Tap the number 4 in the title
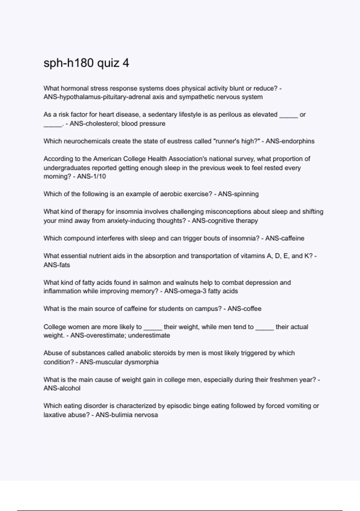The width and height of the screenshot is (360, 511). click(126, 63)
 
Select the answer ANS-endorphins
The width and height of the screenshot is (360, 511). click(290, 141)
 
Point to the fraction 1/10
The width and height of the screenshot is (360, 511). click(99, 176)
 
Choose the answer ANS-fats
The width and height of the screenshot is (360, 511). click(57, 265)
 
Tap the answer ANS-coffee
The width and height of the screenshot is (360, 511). click(244, 309)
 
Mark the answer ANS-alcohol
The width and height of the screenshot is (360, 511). click(62, 388)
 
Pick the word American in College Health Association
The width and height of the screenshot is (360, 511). click(106, 159)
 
